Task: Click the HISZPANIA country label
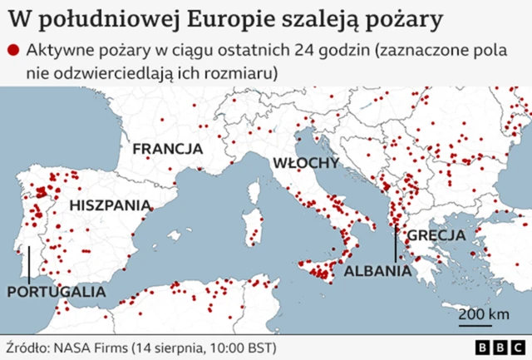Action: [x=111, y=205]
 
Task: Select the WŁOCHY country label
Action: [x=305, y=162]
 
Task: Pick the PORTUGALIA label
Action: [x=57, y=292]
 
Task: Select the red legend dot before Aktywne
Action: [x=12, y=52]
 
